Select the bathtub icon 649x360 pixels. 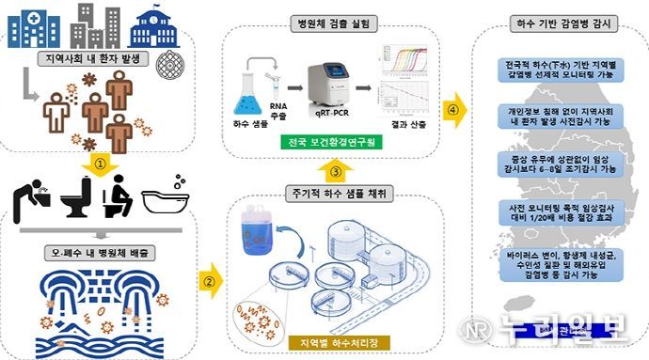click(x=166, y=203)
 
